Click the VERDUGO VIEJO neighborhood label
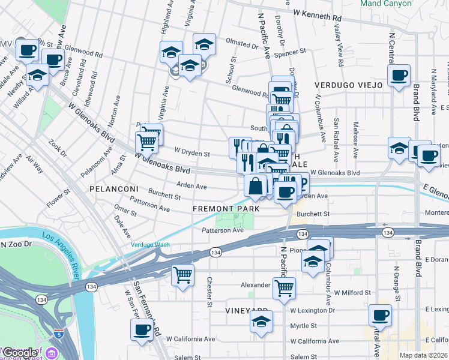[x=348, y=85]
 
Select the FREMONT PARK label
[x=226, y=209]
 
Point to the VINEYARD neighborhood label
[x=246, y=310]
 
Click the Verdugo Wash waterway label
[x=151, y=244]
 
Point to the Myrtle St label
[x=303, y=326]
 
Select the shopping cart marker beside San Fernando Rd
[x=182, y=275]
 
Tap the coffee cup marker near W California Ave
[x=142, y=329]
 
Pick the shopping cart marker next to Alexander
[x=284, y=287]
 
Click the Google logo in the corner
[x=20, y=352]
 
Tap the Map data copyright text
[x=423, y=355]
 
